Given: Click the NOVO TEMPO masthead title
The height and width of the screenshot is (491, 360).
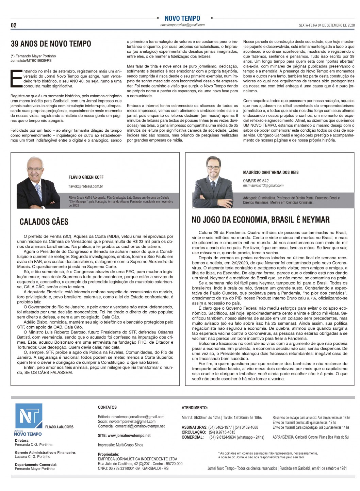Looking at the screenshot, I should [x=182, y=18].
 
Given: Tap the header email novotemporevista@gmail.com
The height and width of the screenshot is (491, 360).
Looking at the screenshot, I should [x=182, y=25].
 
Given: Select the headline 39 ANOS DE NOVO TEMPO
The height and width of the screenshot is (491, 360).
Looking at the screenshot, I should [x=51, y=44].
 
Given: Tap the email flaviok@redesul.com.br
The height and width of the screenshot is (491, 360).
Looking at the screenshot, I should [x=86, y=186].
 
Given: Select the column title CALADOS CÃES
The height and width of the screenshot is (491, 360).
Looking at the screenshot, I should [x=44, y=222].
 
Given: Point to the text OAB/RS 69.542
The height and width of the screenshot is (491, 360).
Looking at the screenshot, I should [x=256, y=181].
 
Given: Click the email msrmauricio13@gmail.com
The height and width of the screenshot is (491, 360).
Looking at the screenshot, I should [x=263, y=185].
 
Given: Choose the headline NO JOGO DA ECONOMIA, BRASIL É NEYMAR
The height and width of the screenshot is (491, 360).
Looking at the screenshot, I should [x=261, y=220].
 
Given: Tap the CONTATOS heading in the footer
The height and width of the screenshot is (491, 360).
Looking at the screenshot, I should [x=107, y=407].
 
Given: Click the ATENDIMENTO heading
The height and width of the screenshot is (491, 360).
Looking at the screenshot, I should [x=195, y=408].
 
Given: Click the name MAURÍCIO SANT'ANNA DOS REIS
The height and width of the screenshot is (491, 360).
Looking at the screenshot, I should [x=271, y=173].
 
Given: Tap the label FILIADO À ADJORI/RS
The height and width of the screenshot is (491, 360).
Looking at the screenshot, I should [x=59, y=427].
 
